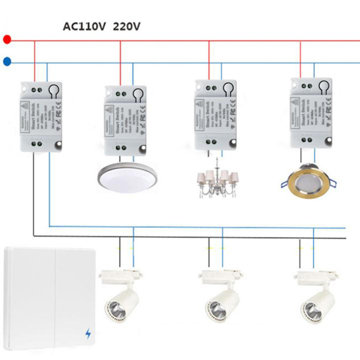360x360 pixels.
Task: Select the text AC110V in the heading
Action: (x=84, y=27)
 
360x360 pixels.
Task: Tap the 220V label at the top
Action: (x=127, y=27)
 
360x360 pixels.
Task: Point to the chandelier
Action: (x=217, y=180)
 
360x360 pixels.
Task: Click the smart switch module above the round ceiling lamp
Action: (x=125, y=120)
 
